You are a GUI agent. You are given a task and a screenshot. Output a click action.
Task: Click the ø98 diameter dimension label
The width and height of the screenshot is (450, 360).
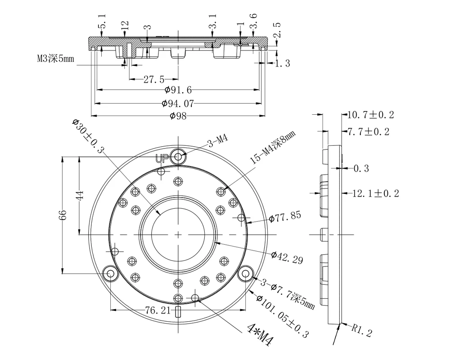178,116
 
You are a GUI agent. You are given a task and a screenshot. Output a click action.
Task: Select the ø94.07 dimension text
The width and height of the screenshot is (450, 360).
178,103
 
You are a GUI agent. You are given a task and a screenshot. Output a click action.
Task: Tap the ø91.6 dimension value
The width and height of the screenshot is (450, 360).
178,90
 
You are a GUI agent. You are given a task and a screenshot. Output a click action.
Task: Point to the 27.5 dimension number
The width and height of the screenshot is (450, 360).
154,79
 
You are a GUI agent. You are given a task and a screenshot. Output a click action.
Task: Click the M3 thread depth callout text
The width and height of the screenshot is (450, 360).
55,58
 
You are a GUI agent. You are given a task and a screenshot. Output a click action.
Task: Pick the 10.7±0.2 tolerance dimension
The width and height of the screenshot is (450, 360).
371,115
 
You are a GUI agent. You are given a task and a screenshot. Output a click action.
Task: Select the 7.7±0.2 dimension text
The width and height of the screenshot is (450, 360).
369,132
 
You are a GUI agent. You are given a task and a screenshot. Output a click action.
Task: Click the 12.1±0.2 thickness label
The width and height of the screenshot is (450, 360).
375,193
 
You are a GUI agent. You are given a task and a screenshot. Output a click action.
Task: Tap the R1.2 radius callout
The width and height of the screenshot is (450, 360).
362,330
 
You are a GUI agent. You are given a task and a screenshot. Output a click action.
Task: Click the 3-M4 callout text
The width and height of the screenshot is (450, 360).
218,140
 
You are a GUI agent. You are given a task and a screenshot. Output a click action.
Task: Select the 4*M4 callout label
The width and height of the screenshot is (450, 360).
260,334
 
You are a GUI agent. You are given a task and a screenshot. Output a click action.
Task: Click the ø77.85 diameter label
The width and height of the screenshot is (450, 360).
285,216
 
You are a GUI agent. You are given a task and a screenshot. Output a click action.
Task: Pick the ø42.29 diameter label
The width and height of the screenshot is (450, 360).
287,257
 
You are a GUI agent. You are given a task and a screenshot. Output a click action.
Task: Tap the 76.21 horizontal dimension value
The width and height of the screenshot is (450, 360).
157,310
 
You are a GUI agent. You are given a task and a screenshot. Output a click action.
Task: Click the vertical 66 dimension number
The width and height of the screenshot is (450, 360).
63,215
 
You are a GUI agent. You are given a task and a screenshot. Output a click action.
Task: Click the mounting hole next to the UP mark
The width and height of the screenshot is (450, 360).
179,157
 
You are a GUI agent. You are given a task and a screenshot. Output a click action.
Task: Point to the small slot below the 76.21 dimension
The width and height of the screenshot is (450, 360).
178,312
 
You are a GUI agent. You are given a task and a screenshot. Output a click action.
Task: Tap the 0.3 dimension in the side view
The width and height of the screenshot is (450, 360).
361,168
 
